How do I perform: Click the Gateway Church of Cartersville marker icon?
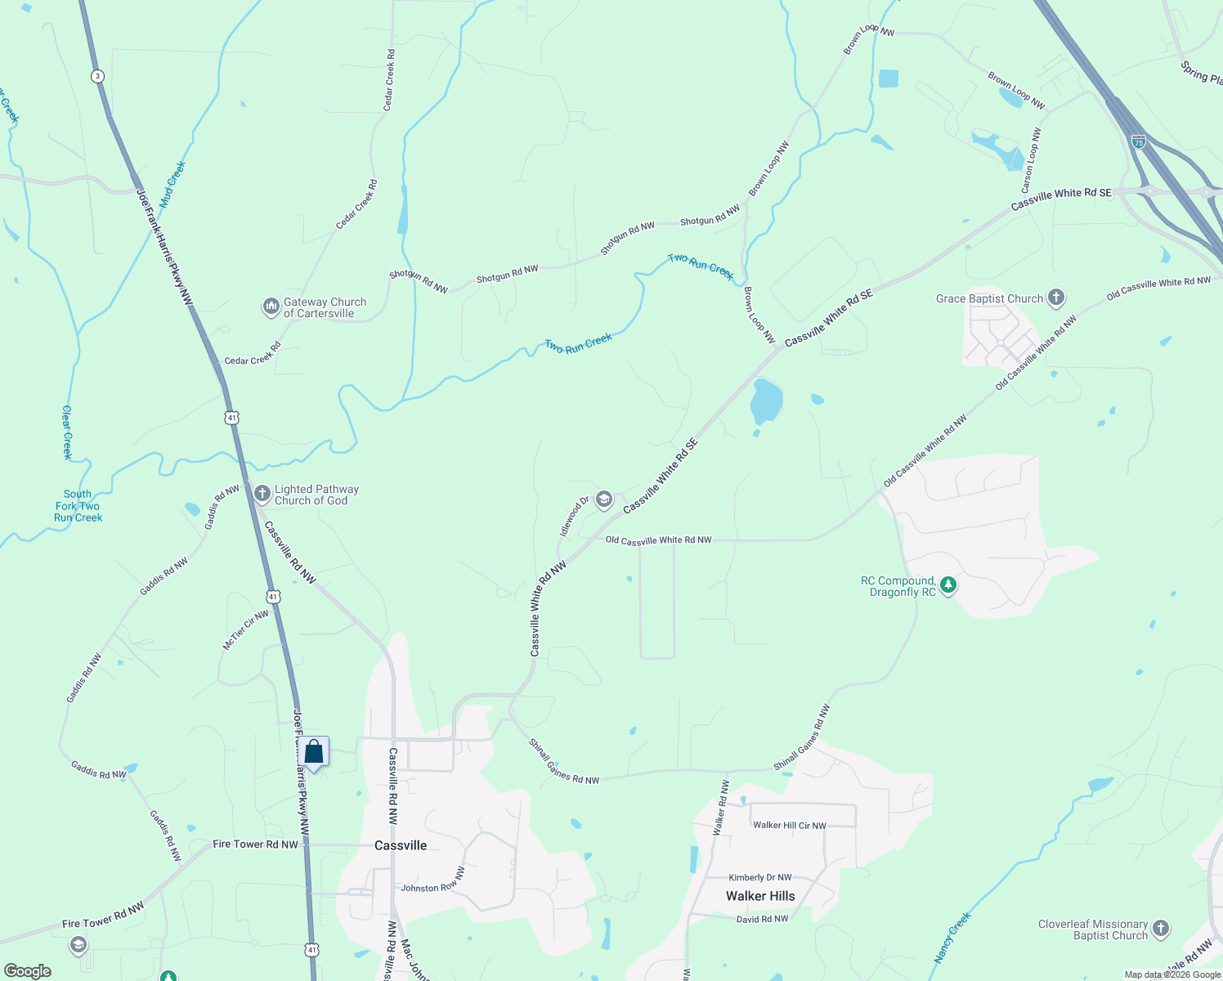271,307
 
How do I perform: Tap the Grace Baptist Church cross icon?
1056,298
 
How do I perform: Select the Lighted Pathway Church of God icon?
262,493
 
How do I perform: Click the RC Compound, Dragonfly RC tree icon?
948,585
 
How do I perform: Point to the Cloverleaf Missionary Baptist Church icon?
1160,928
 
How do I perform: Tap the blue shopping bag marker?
313,751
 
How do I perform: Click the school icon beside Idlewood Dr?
603,499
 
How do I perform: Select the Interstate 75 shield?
1139,141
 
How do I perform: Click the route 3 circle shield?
97,76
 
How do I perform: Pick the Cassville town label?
401,845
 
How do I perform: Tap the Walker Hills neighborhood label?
760,896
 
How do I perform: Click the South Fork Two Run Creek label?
78,506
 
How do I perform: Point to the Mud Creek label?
172,184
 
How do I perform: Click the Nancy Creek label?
952,937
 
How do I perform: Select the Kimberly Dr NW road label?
760,877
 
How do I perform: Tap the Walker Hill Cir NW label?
790,825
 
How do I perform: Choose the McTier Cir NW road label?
245,630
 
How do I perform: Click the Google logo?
28,971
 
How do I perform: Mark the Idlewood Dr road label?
574,517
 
